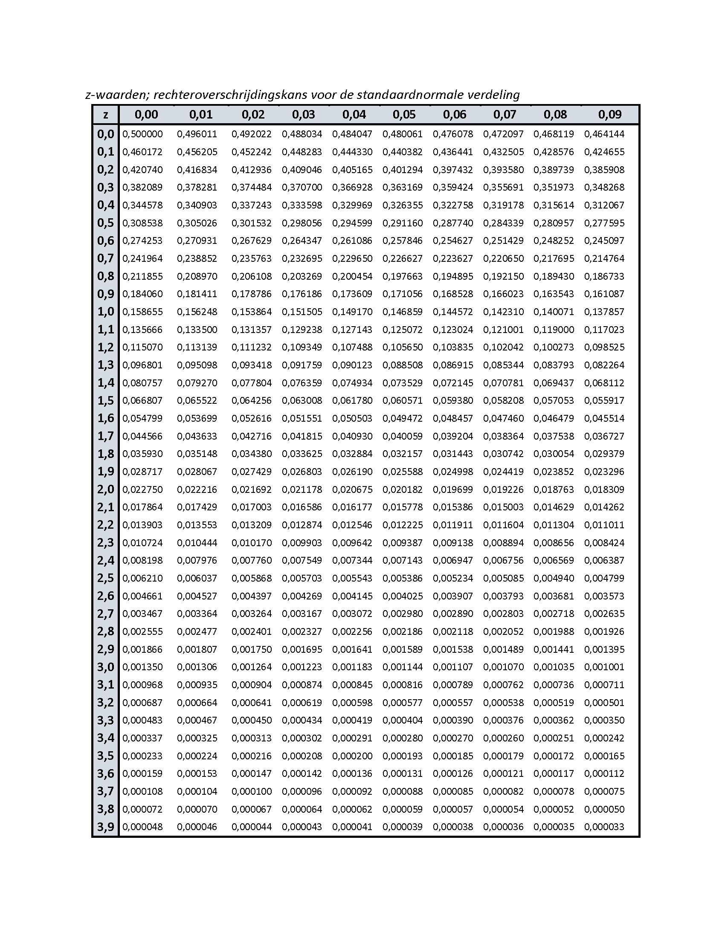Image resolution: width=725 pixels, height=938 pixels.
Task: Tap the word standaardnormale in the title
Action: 401,95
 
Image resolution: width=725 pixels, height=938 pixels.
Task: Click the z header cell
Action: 105,115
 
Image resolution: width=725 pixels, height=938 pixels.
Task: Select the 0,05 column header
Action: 404,115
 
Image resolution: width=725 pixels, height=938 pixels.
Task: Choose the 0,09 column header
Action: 609,115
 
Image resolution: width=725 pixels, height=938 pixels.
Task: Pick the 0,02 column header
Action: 252,115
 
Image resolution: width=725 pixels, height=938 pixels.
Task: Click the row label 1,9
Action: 105,472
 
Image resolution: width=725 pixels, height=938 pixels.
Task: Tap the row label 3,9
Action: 105,827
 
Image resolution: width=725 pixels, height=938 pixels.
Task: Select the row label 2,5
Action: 105,578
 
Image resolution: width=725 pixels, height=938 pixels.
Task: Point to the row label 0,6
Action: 105,240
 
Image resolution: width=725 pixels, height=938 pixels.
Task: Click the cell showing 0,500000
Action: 142,134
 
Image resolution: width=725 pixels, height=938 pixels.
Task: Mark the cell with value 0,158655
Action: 142,312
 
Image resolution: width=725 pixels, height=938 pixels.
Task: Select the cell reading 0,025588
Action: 403,472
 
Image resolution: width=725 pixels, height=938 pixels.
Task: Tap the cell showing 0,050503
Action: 352,418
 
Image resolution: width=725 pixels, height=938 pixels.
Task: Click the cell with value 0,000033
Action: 604,827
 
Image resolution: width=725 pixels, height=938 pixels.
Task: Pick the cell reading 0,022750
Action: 142,489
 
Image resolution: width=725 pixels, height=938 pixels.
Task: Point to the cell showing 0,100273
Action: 554,347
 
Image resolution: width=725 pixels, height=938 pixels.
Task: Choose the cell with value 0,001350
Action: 142,667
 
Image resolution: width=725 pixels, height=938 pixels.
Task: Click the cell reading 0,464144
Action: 604,134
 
